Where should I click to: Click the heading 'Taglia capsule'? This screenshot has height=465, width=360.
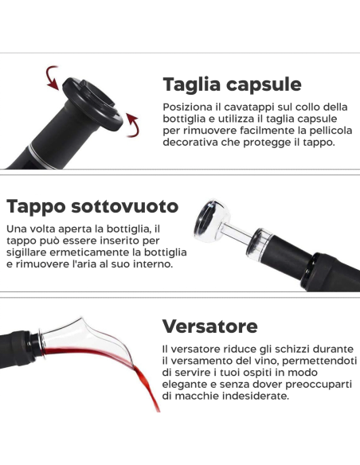(232, 84)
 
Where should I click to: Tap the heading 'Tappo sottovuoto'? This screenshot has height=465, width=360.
(92, 206)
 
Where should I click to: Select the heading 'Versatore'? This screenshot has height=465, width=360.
(209, 326)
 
